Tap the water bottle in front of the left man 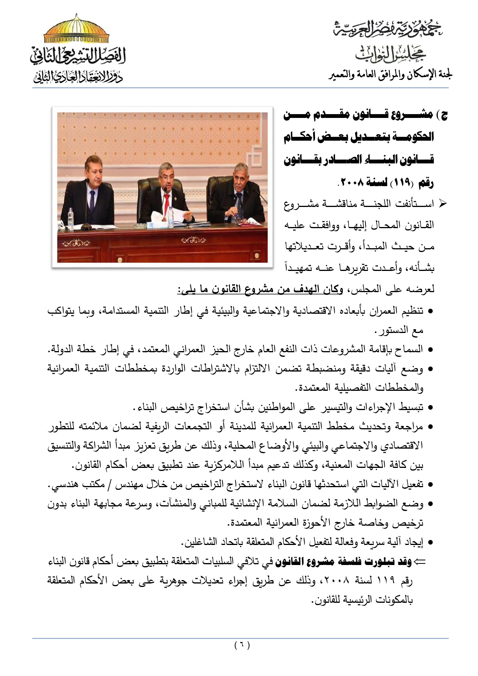[70, 218]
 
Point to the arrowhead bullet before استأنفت [443, 203]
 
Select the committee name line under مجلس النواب [390, 75]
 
